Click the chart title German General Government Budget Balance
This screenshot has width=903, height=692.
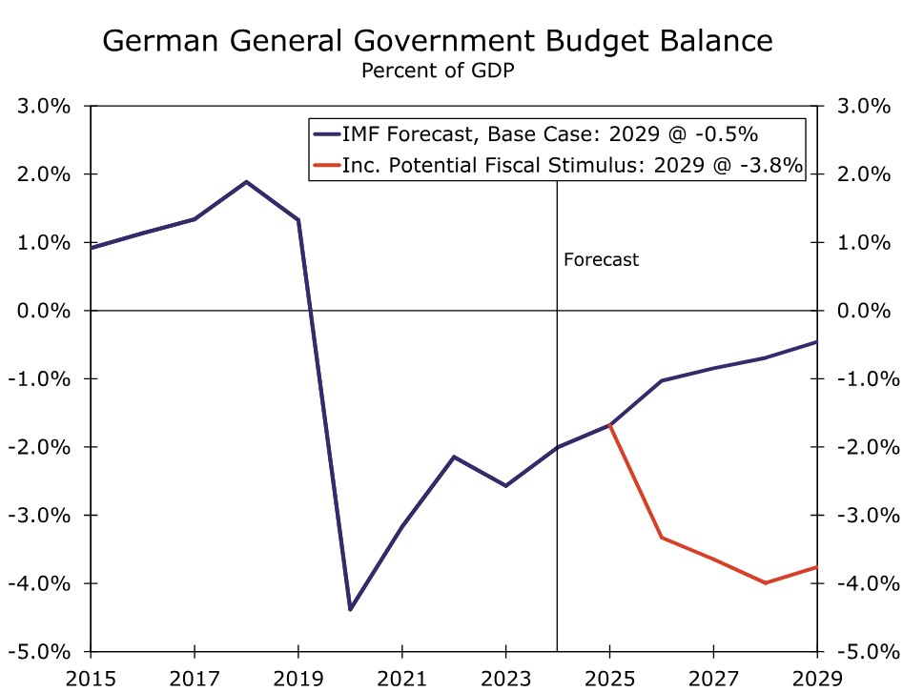pyautogui.click(x=438, y=41)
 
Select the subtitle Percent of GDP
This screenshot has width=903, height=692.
pyautogui.click(x=438, y=71)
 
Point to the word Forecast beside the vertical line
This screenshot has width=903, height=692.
pyautogui.click(x=601, y=259)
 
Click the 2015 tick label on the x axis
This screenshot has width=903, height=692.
pyautogui.click(x=91, y=678)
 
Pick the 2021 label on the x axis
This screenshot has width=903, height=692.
pyautogui.click(x=401, y=678)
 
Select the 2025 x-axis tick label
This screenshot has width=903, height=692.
pyautogui.click(x=609, y=678)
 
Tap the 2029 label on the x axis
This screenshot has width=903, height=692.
pyautogui.click(x=817, y=678)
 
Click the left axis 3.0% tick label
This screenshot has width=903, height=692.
pyautogui.click(x=44, y=106)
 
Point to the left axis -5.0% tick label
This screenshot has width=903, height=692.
pyautogui.click(x=41, y=652)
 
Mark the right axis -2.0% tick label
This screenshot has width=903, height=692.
pyautogui.click(x=865, y=447)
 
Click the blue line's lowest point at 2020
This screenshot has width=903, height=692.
pyautogui.click(x=350, y=609)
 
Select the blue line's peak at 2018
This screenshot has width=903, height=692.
pyautogui.click(x=246, y=181)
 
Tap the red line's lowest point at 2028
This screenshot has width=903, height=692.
pyautogui.click(x=765, y=582)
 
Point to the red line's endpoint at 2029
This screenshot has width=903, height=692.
pyautogui.click(x=816, y=567)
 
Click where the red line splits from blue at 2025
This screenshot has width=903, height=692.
pyautogui.click(x=609, y=424)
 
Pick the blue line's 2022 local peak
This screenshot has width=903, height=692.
pyautogui.click(x=454, y=457)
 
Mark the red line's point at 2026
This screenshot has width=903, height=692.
pyautogui.click(x=661, y=538)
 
